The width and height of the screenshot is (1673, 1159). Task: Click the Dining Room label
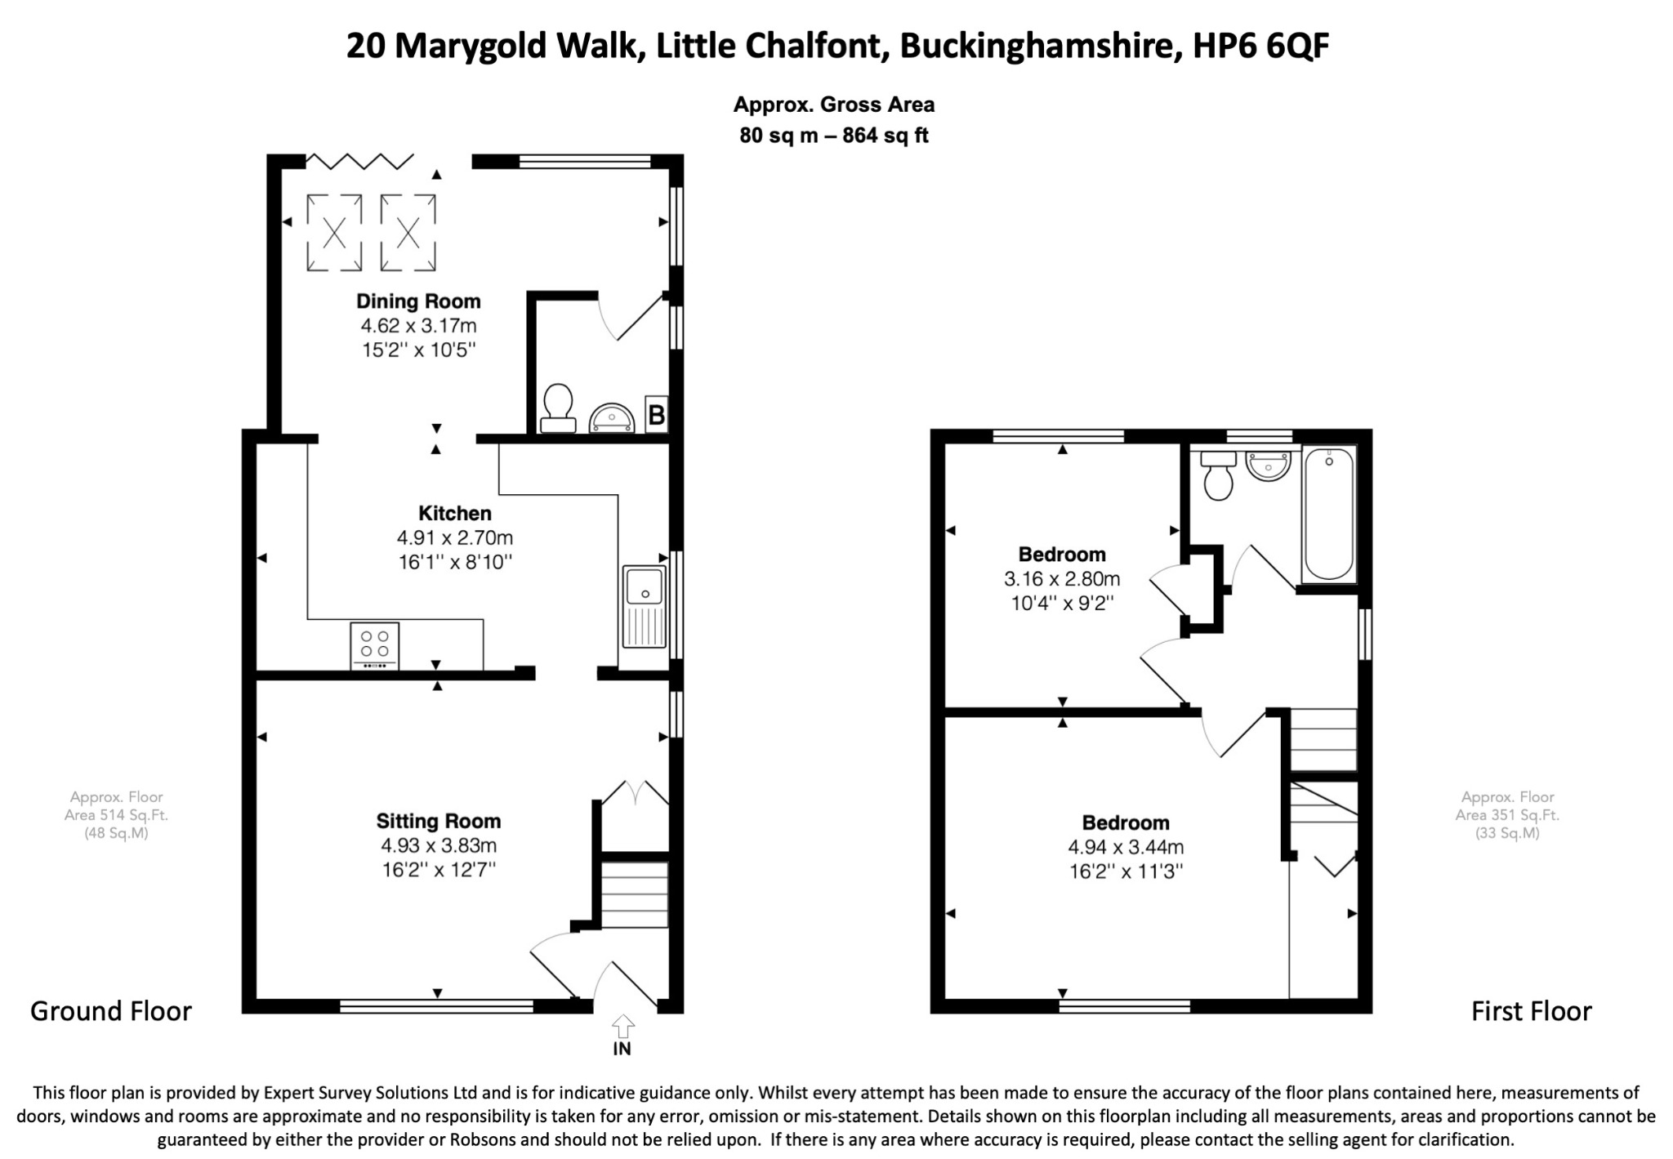[x=418, y=301]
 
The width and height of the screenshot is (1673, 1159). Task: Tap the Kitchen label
[x=455, y=514]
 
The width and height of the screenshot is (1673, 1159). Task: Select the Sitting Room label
[x=439, y=821]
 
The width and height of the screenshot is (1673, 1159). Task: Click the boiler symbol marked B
[x=656, y=416]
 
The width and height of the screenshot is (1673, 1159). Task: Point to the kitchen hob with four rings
[x=375, y=646]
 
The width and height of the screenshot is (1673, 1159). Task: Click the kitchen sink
[x=645, y=605]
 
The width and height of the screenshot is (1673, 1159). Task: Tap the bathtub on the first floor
[x=1329, y=514]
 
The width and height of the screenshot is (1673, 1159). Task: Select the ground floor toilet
[x=558, y=408]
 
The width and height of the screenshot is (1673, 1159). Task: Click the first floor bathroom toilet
[x=1218, y=475]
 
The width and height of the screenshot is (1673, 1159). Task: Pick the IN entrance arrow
[x=622, y=1025]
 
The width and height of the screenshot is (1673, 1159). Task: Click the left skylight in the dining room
[x=334, y=233]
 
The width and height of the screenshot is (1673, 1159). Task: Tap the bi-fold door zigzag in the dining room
[x=359, y=161]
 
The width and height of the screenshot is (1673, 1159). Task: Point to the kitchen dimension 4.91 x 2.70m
[x=455, y=538]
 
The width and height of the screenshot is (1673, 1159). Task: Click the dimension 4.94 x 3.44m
[x=1126, y=848]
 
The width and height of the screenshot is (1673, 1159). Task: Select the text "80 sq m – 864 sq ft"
[x=834, y=136]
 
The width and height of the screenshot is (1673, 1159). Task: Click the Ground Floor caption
[x=111, y=1011]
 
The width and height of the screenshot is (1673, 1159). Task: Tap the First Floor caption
[x=1532, y=1011]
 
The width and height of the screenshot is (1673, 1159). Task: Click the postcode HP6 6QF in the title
[x=1261, y=46]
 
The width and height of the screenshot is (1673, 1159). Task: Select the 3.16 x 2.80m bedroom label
[x=1062, y=579]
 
